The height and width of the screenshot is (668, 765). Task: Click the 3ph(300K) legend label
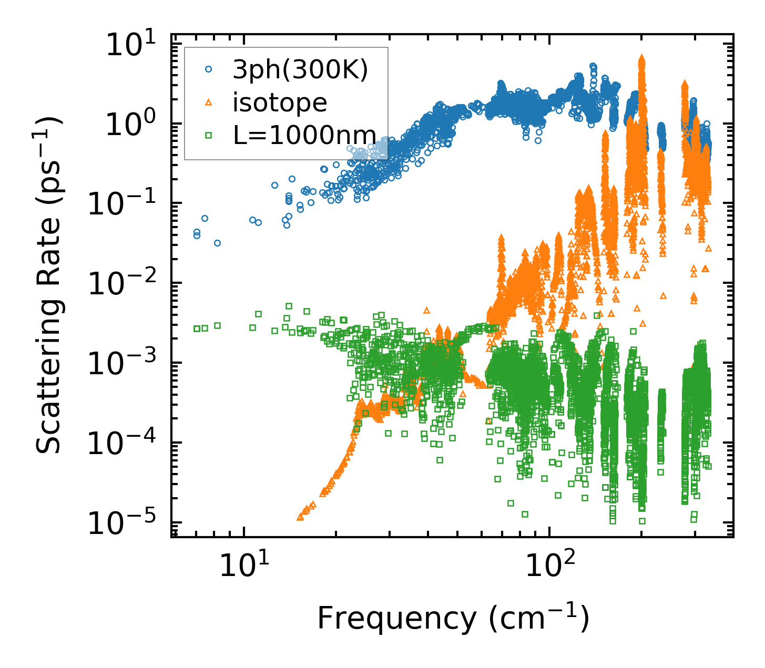[300, 69]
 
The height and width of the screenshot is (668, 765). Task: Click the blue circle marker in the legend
[208, 69]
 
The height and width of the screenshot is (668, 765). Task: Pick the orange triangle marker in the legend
[208, 102]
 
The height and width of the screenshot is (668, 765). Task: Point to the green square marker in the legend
[208, 136]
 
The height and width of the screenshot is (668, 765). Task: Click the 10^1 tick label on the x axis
[243, 566]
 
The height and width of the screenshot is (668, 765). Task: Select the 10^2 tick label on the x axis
[549, 566]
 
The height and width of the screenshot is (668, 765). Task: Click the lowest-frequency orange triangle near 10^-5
[300, 517]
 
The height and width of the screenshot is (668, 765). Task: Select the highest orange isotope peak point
[641, 57]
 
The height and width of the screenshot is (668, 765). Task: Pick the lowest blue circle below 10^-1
[217, 243]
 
